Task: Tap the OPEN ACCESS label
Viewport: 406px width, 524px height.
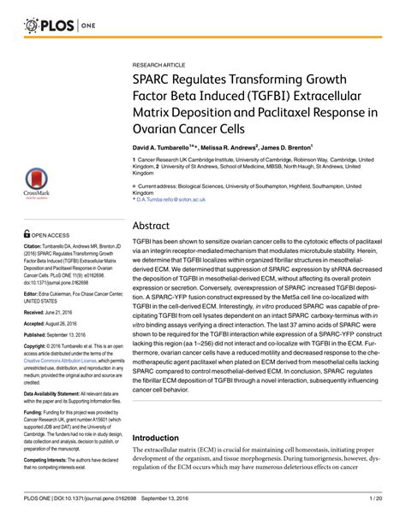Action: pos(51,233)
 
